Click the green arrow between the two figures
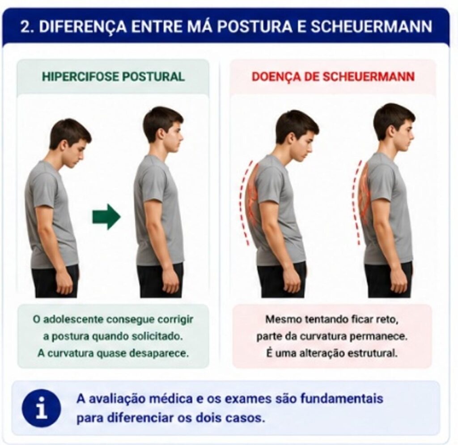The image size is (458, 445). point(106,217)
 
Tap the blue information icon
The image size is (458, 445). point(42,408)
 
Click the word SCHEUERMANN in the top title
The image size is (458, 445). point(371,26)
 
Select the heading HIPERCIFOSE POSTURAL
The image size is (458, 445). point(113,77)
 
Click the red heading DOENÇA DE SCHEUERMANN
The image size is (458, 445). point(333,77)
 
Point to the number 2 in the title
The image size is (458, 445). point(26,27)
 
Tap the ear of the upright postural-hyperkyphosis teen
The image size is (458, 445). point(161,134)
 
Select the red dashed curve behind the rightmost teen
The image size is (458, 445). point(354,202)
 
